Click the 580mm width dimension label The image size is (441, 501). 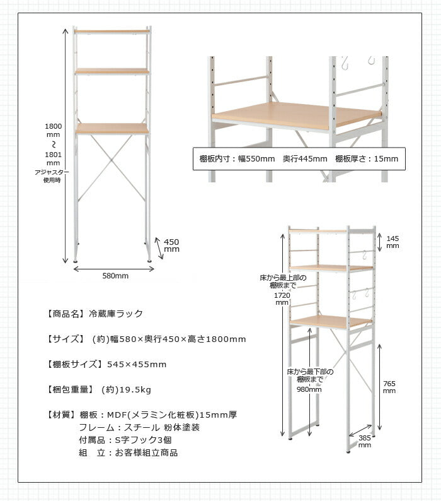(x=115, y=276)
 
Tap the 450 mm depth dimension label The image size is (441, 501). (x=171, y=245)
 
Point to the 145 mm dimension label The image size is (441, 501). (x=392, y=242)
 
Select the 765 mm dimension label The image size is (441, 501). (x=389, y=387)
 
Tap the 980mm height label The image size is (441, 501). (x=309, y=389)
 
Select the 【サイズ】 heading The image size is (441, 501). (x=66, y=339)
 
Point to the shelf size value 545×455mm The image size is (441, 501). (x=137, y=364)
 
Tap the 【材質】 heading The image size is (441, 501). (x=62, y=415)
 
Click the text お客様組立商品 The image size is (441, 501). (x=142, y=452)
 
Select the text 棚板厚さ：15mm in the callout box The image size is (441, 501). (x=367, y=159)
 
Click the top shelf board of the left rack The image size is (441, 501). (x=112, y=30)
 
